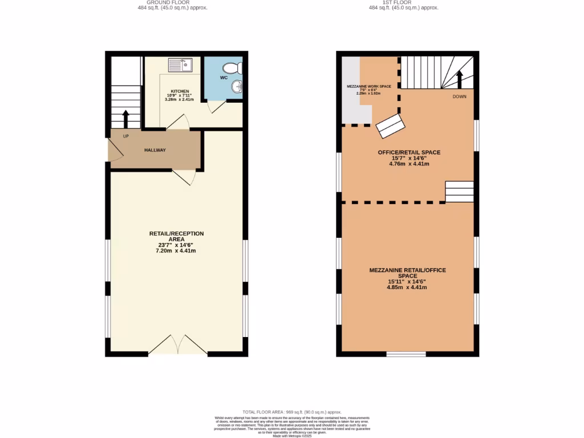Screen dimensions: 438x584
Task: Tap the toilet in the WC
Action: tap(238, 69)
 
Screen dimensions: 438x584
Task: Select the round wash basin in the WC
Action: tap(237, 87)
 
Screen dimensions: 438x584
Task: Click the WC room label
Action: tap(224, 78)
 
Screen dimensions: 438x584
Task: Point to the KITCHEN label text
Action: tap(180, 91)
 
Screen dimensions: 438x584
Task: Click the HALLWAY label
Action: tap(155, 150)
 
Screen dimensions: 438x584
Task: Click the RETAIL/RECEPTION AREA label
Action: tap(176, 237)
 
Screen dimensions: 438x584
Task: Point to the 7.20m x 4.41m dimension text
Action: tap(176, 250)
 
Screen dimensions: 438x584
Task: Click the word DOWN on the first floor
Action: tap(459, 96)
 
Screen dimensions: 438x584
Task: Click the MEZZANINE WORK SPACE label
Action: tap(369, 86)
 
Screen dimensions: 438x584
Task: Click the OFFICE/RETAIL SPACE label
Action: tap(409, 152)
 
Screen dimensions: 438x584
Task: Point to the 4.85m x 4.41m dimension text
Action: tap(407, 287)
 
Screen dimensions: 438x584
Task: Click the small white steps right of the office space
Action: tap(459, 192)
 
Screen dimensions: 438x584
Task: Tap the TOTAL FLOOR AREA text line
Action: tap(291, 412)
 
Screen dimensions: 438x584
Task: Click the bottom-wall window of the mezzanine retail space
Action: tap(406, 354)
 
